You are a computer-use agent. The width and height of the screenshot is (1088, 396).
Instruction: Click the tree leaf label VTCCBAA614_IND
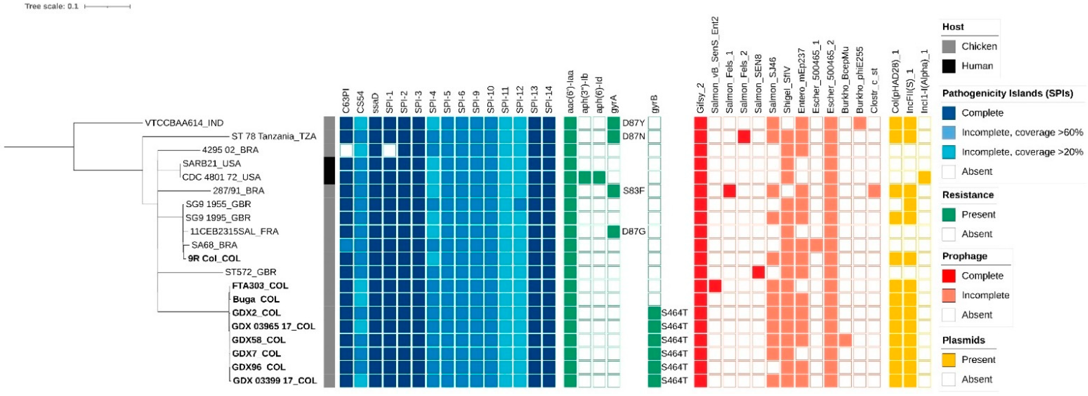click(184, 123)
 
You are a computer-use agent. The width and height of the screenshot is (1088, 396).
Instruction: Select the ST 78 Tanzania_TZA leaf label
click(274, 136)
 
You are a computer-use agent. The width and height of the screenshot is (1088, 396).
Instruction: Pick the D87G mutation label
click(634, 231)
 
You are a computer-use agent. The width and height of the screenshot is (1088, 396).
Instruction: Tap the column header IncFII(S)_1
click(910, 91)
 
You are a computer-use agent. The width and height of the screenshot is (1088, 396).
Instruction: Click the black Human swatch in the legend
click(949, 66)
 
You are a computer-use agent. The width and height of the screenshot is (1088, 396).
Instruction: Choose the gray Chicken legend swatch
click(949, 47)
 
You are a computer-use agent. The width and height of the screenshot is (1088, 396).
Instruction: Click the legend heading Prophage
click(965, 256)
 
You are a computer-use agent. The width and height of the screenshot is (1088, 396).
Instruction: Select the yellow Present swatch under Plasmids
click(949, 360)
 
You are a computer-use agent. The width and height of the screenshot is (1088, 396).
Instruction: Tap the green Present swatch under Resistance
click(949, 215)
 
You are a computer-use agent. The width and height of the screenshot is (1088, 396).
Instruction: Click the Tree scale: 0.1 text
click(51, 6)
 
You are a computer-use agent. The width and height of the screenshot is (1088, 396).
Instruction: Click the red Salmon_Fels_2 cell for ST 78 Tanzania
click(744, 136)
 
